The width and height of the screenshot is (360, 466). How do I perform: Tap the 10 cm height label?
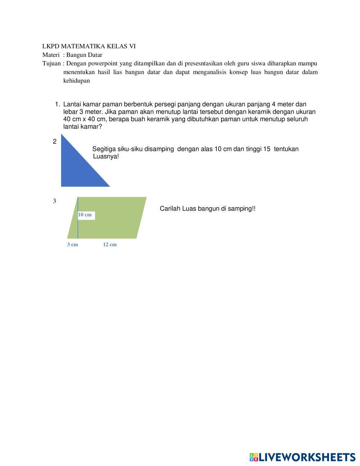coord(85,215)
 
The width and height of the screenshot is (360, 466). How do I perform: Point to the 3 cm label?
coord(72,245)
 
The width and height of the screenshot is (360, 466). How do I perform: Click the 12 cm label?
coord(110,245)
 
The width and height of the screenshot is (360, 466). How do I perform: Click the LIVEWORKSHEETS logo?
coord(302,457)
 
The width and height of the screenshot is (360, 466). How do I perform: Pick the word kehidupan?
coord(76,81)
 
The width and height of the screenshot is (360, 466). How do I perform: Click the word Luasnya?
coord(106,157)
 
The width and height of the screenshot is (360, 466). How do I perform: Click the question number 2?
coord(55,142)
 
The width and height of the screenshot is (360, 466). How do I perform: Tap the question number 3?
coord(55,201)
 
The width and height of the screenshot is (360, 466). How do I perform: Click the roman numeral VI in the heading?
coord(132,46)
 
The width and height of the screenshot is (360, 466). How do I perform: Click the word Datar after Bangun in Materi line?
coord(95,55)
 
